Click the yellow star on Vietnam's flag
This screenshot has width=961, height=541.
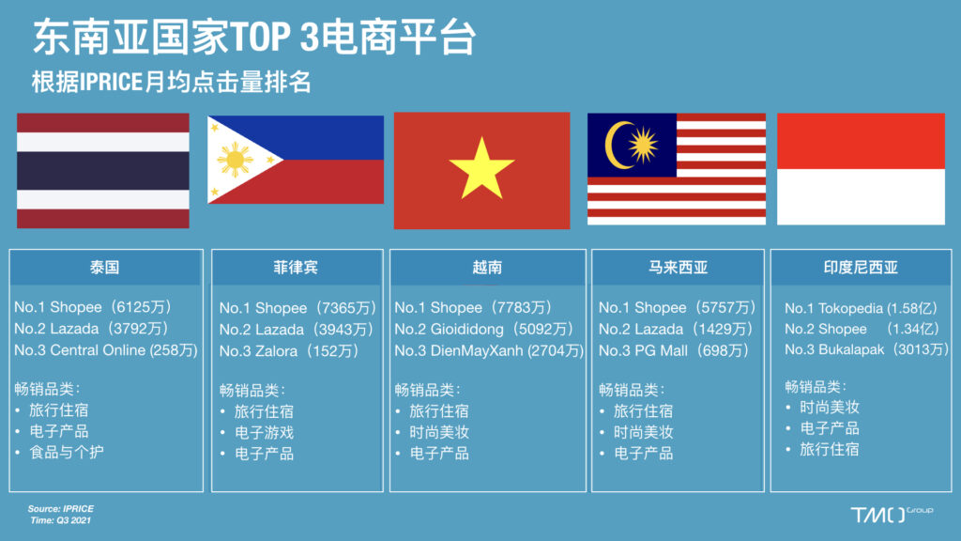coord(481,168)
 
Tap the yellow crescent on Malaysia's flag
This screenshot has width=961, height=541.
coord(615,146)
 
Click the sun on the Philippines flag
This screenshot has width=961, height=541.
coord(235,160)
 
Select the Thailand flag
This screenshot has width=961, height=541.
coord(103,171)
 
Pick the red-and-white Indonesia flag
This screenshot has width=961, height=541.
coord(862,169)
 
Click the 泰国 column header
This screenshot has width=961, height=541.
coord(104,268)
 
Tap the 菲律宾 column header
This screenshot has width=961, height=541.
coord(296,268)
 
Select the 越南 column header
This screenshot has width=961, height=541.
coord(487,268)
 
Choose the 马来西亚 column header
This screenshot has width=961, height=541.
coord(678,268)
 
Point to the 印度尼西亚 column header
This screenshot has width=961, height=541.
coord(861,268)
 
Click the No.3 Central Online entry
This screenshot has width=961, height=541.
coord(106,350)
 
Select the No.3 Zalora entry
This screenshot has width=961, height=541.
coord(289,351)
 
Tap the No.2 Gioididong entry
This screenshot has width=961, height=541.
coord(484,330)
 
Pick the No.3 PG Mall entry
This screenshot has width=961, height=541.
coord(674,351)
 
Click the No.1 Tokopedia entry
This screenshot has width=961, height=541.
coord(862,308)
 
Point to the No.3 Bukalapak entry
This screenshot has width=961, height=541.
coord(866,349)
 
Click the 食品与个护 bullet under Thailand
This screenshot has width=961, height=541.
coord(67,453)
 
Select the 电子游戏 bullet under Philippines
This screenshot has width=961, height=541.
coord(264,433)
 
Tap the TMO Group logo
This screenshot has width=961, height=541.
coord(892,514)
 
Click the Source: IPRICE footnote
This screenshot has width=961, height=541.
coord(61,508)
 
